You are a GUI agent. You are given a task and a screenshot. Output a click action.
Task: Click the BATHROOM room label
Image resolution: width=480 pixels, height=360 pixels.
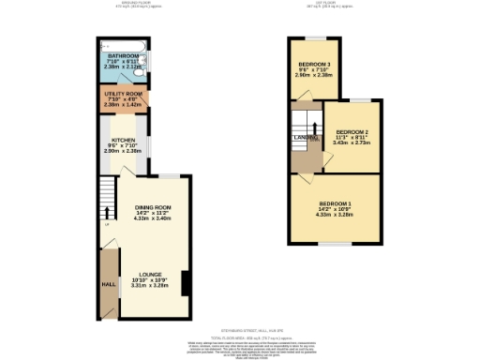(x=124, y=56)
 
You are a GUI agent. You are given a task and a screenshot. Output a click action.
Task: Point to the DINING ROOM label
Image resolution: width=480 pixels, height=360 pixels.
(x=153, y=207)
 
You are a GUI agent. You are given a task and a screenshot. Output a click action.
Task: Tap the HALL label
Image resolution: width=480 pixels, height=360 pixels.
(x=109, y=281)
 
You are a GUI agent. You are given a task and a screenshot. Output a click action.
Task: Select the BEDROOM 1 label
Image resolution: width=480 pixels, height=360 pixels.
(x=335, y=203)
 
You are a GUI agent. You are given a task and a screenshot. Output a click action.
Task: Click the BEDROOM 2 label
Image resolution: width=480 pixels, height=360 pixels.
(x=352, y=131)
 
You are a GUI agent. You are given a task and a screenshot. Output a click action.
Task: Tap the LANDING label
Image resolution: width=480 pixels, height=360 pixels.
(x=303, y=138)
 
